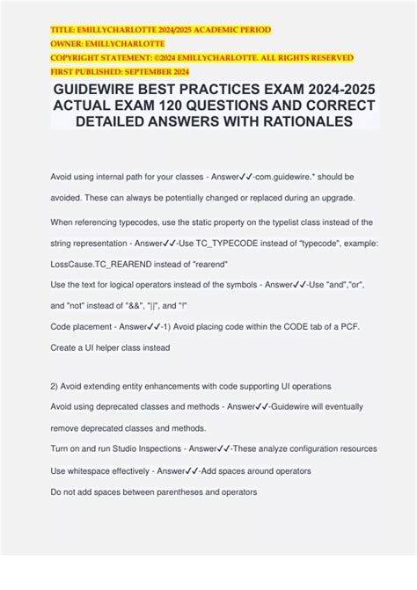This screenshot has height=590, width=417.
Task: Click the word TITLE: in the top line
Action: click(63, 30)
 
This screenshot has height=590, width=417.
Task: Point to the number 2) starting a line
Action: click(55, 386)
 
